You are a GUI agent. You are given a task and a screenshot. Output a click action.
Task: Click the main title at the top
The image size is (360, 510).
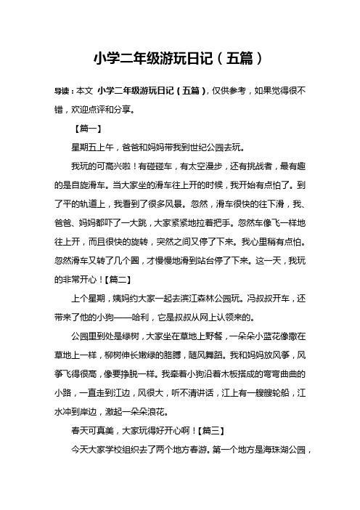pyautogui.click(x=179, y=57)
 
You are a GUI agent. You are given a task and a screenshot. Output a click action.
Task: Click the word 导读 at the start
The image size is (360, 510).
pyautogui.click(x=65, y=93)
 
